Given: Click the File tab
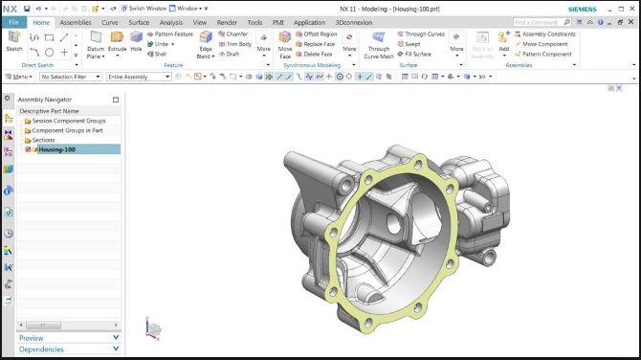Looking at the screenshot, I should click(13, 21).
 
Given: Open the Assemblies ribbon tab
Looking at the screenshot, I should click(76, 21).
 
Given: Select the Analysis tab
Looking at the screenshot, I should click(171, 21).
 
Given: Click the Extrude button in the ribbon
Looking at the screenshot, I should click(117, 43).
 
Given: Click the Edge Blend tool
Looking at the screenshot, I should click(206, 44).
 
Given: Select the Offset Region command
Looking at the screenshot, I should click(320, 34).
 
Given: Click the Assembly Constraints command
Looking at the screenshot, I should click(548, 34).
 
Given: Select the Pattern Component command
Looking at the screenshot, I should click(546, 54).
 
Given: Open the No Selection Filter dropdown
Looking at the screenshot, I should click(70, 77).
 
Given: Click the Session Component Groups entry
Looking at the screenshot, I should click(69, 121).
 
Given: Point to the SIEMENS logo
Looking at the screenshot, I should click(581, 8).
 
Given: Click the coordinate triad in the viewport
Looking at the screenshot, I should click(153, 328).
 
